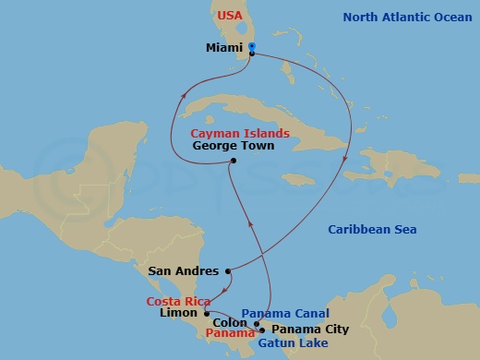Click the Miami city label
pos(224,47)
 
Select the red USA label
pos(230,16)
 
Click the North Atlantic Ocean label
pos(408,17)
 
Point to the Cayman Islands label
pos(240,133)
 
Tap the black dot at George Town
pos(234,162)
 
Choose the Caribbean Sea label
pos(373,230)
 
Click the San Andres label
pos(183,271)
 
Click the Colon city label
pos(231,323)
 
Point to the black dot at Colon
pos(256,323)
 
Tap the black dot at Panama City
pos(263,330)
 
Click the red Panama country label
pos(231,333)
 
